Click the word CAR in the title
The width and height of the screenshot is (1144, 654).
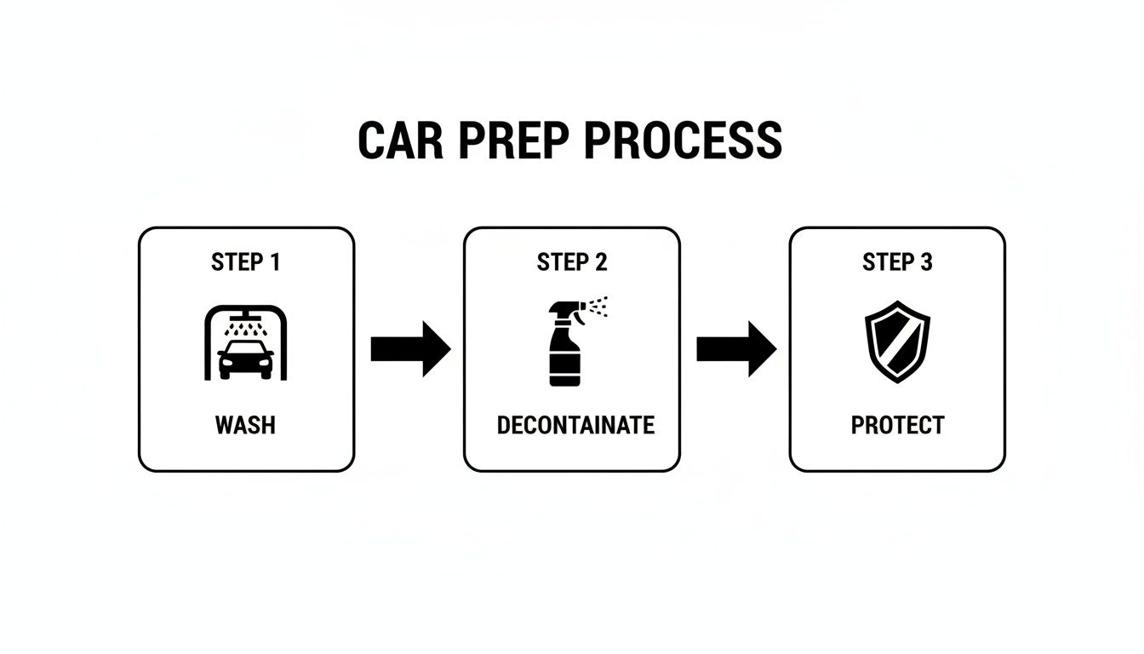[401, 141]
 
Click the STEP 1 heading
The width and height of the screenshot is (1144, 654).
[245, 262]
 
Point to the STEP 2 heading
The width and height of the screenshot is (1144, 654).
[572, 262]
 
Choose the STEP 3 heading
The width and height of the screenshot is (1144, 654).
[897, 262]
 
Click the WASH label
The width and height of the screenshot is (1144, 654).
[246, 425]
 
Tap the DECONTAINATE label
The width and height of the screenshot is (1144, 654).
[575, 425]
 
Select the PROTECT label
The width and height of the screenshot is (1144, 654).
[897, 425]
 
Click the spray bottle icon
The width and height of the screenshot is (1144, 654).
[563, 349]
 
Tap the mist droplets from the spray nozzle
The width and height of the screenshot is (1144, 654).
[599, 306]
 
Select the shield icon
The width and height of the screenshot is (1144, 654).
[897, 341]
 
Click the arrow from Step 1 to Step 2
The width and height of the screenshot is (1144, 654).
[409, 348]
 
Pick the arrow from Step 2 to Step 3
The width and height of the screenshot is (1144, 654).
[735, 348]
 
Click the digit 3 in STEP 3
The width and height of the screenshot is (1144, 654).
[926, 262]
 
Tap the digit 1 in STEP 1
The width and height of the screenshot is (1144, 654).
[274, 262]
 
